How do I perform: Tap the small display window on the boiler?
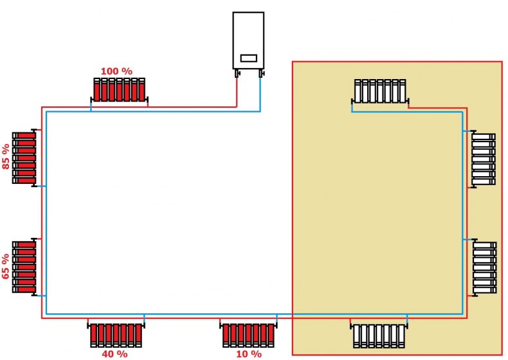pos(248,58)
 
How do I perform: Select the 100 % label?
pos(116,70)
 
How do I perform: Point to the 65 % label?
pos(6,266)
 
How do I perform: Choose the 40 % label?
pos(115,354)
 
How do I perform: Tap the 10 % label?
pos(249,354)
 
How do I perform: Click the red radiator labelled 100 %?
pos(120,90)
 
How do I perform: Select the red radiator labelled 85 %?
pos(24,158)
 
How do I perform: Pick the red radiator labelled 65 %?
pos(24,267)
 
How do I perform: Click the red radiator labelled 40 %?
pos(116,334)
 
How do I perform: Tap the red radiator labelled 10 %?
pos(249,334)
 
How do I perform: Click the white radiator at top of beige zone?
pos(380,91)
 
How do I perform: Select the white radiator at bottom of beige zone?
pos(378,335)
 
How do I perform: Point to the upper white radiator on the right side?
pos(483,159)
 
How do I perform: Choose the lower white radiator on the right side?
pos(484,267)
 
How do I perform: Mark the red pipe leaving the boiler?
pos(237,93)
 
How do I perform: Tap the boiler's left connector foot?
pos(237,73)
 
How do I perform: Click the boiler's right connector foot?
pos(260,73)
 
